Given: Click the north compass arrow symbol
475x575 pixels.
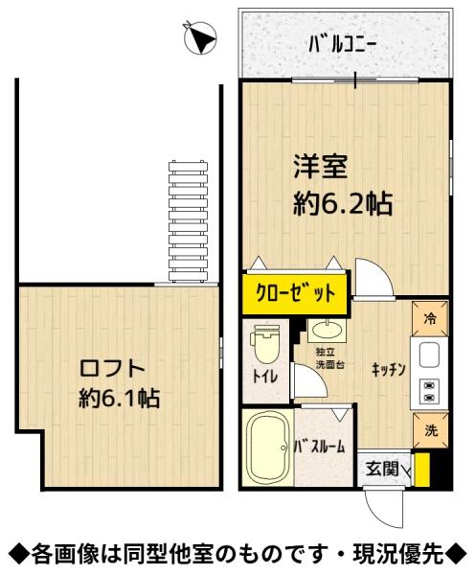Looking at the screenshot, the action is click(200, 37).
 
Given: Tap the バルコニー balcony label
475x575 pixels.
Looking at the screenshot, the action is click(342, 46).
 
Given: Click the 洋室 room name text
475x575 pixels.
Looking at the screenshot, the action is click(320, 166).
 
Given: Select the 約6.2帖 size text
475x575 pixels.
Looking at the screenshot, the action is click(343, 203).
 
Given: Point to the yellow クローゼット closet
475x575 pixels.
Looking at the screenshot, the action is click(294, 293).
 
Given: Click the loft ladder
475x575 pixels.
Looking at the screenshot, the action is click(188, 221).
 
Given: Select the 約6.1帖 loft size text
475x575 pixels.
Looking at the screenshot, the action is click(120, 399).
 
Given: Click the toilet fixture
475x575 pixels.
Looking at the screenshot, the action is click(264, 347).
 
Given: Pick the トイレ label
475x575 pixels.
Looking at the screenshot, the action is click(265, 377).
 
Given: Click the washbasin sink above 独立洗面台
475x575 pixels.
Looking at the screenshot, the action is click(326, 330).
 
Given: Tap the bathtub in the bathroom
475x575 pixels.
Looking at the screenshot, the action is click(268, 447).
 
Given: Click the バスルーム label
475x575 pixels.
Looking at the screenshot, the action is click(321, 447).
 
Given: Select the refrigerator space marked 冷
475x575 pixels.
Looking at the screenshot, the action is click(430, 318).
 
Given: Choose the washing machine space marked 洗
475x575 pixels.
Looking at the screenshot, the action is click(430, 430).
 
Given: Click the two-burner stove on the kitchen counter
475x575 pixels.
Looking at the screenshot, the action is click(429, 391).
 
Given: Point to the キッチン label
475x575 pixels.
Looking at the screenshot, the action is click(388, 369).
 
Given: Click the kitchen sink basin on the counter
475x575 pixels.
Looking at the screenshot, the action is click(429, 355).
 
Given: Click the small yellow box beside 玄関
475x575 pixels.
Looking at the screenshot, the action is click(422, 470).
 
